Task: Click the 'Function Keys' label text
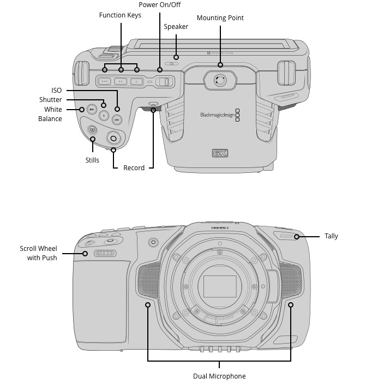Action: pos(120,15)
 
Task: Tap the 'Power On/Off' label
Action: pos(159,5)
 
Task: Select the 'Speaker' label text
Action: pos(176,27)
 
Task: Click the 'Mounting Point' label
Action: pos(220,18)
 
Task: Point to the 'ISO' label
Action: pos(57,91)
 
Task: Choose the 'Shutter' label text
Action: pos(51,100)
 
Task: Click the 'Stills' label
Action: pos(92,160)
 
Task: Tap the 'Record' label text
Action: pos(134,168)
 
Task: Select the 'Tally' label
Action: pos(331,236)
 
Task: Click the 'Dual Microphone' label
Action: pos(219,376)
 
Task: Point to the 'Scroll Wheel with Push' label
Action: pos(39,253)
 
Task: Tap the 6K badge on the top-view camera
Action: pos(219,153)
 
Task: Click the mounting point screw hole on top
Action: pos(219,81)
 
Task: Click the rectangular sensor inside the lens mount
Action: pos(219,286)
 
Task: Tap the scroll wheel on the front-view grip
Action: pos(104,254)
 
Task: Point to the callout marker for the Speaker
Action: pos(176,56)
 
